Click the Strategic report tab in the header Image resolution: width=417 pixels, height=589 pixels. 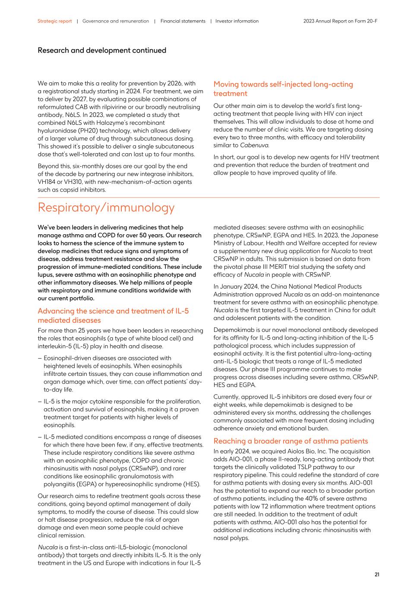click(x=54, y=21)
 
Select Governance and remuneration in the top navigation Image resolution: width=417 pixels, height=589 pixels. click(x=115, y=21)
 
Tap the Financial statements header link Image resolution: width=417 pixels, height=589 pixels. click(x=183, y=21)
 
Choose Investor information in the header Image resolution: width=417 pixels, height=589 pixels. click(x=237, y=21)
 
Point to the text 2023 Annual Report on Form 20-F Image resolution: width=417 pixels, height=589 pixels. click(x=340, y=21)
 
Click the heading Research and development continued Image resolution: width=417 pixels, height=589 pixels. click(x=102, y=50)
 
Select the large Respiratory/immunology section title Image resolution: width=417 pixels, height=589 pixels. click(x=106, y=208)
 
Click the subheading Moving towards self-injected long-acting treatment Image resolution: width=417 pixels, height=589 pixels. click(x=283, y=89)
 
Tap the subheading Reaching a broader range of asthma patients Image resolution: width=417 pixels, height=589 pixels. click(x=291, y=441)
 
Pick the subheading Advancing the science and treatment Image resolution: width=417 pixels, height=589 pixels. click(x=113, y=315)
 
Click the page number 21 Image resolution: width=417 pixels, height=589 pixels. click(x=377, y=574)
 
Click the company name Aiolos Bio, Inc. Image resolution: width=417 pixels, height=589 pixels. click(x=290, y=451)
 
